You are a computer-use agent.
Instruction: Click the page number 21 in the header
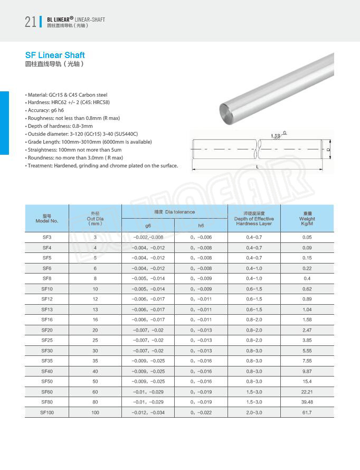coord(30,22)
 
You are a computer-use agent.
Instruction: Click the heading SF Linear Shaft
coord(55,55)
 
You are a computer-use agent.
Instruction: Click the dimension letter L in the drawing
coord(257,166)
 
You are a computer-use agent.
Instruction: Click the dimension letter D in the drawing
coord(328,150)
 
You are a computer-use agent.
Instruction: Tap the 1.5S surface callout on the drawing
coord(275,136)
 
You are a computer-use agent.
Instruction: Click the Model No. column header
coord(46,218)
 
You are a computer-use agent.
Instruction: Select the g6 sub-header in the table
coord(148,225)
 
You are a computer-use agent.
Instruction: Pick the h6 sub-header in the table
coord(201,225)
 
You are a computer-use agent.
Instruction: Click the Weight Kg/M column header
coord(307,218)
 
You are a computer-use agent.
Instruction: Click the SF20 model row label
coord(46,330)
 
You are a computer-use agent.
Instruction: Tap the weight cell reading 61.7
coord(307,412)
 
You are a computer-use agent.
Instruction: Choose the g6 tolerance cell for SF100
coord(148,412)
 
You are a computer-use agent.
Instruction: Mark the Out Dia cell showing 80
coord(95,402)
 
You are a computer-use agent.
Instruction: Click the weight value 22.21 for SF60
coord(307,391)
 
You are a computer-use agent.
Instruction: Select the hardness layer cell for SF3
coord(254,237)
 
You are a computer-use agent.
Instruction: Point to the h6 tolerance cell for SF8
coord(201,278)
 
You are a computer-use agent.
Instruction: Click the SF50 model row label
coord(46,381)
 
